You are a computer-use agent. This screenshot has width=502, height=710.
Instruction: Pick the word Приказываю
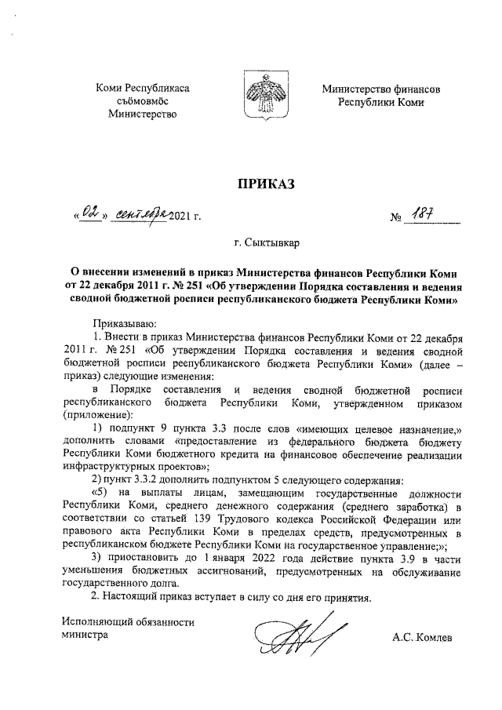pyautogui.click(x=125, y=323)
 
